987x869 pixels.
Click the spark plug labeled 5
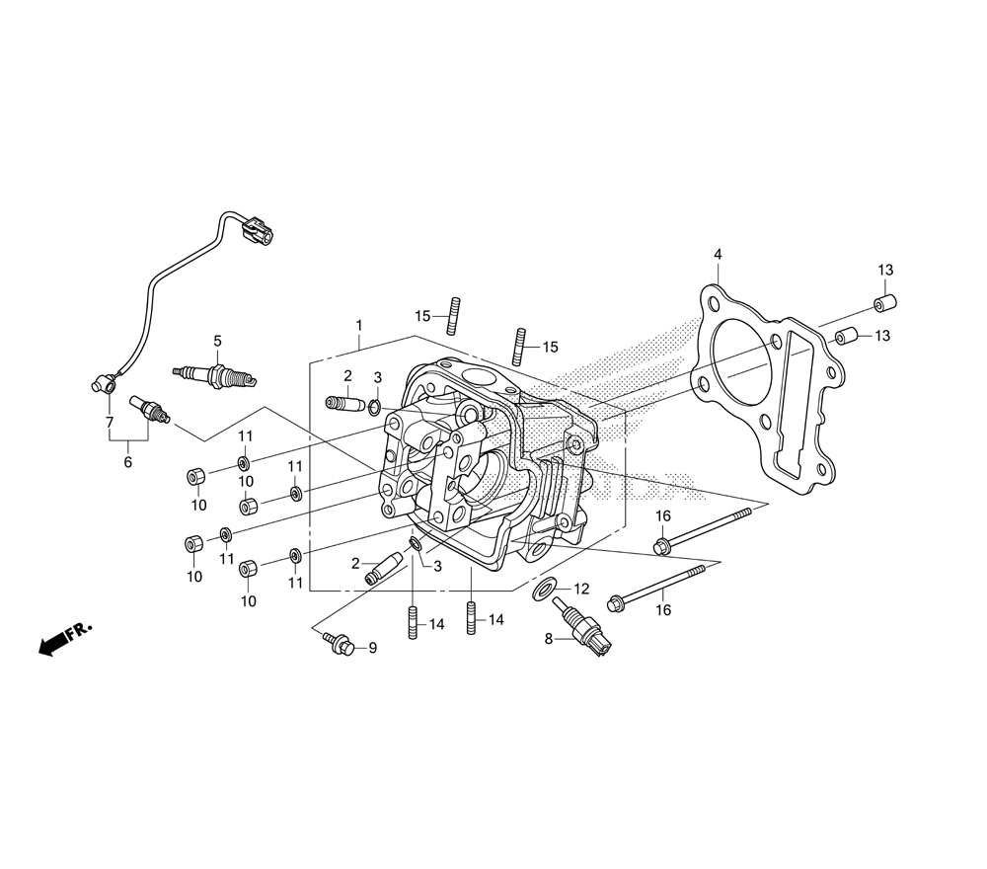coord(216,375)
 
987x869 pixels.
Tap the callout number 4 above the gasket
coord(718,255)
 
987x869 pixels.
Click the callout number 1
coord(359,325)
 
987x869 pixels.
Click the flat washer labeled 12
coord(543,590)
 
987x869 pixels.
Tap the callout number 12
coord(580,589)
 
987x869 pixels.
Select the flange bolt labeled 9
coord(339,644)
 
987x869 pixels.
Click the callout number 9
coord(372,649)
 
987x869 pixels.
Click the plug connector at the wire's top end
coord(259,233)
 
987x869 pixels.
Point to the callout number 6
coord(127,461)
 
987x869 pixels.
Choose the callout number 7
coord(109,423)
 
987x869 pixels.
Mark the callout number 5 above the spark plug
coord(217,341)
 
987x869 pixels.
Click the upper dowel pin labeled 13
coord(884,301)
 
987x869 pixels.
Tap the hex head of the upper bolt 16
coord(661,544)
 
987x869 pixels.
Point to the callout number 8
coord(549,639)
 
